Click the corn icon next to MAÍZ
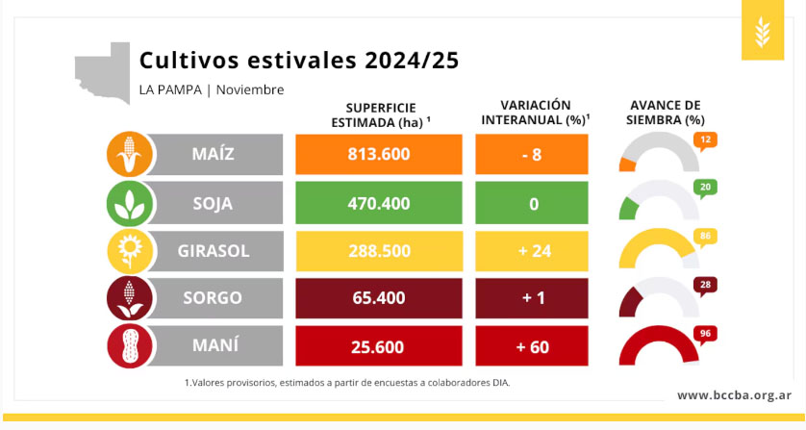[130, 154]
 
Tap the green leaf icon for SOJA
[130, 203]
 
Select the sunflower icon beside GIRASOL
[130, 250]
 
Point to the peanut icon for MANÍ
[130, 345]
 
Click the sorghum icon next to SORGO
[130, 298]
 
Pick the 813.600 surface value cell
[379, 154]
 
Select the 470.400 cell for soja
[379, 203]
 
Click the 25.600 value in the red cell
[379, 346]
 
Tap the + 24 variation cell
[532, 251]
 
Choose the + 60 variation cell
[532, 346]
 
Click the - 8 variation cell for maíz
[532, 154]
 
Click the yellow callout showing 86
[705, 237]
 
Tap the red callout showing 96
[705, 335]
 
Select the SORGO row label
[213, 298]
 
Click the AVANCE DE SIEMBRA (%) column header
[666, 113]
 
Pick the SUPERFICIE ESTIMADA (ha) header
[381, 115]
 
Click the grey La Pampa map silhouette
[103, 73]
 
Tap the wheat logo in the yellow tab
[763, 31]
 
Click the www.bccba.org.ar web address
[734, 395]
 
